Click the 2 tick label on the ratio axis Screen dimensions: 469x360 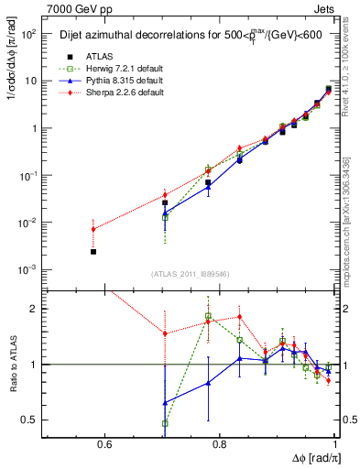[x=37, y=310]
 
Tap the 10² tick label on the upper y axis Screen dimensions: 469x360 [x=30, y=34]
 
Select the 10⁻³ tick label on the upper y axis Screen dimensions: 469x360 [x=30, y=269]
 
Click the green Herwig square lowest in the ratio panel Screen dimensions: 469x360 [x=165, y=423]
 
